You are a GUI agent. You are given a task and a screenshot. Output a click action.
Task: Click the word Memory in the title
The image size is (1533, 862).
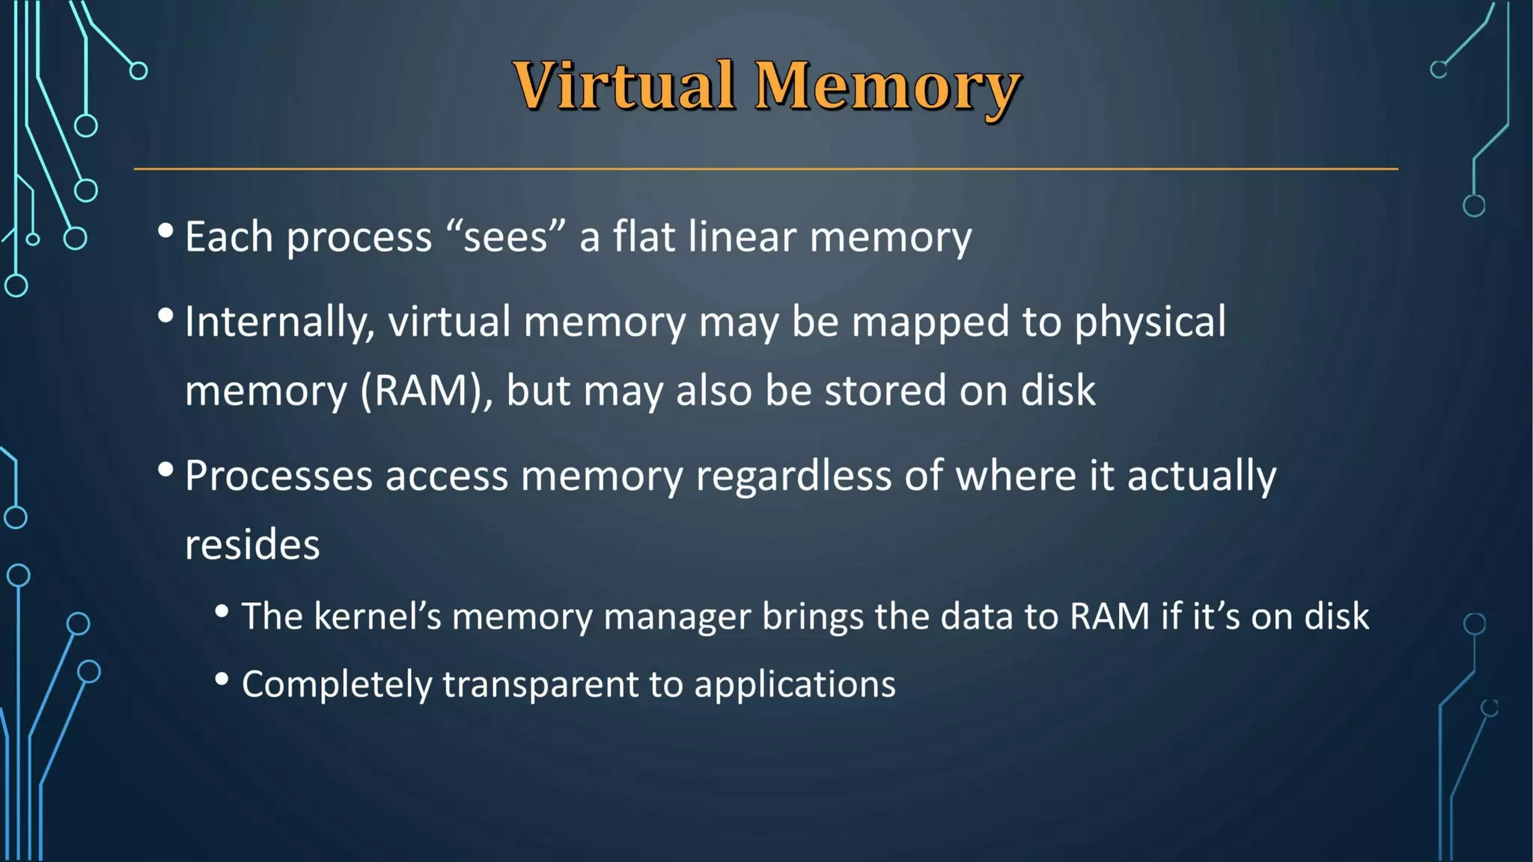coord(888,88)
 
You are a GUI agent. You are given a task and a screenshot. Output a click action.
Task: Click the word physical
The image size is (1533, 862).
coord(1150,323)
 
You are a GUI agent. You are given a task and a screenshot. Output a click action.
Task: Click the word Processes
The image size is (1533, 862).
coord(278,476)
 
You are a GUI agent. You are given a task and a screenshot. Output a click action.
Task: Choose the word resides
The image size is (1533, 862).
coord(252,544)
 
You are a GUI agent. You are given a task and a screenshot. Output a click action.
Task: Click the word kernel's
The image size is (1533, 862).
coord(377,617)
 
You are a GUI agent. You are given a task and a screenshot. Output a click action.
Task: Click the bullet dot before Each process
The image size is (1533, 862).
coord(166,231)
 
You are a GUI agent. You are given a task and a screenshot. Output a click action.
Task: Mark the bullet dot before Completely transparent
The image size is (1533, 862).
coord(222,679)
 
